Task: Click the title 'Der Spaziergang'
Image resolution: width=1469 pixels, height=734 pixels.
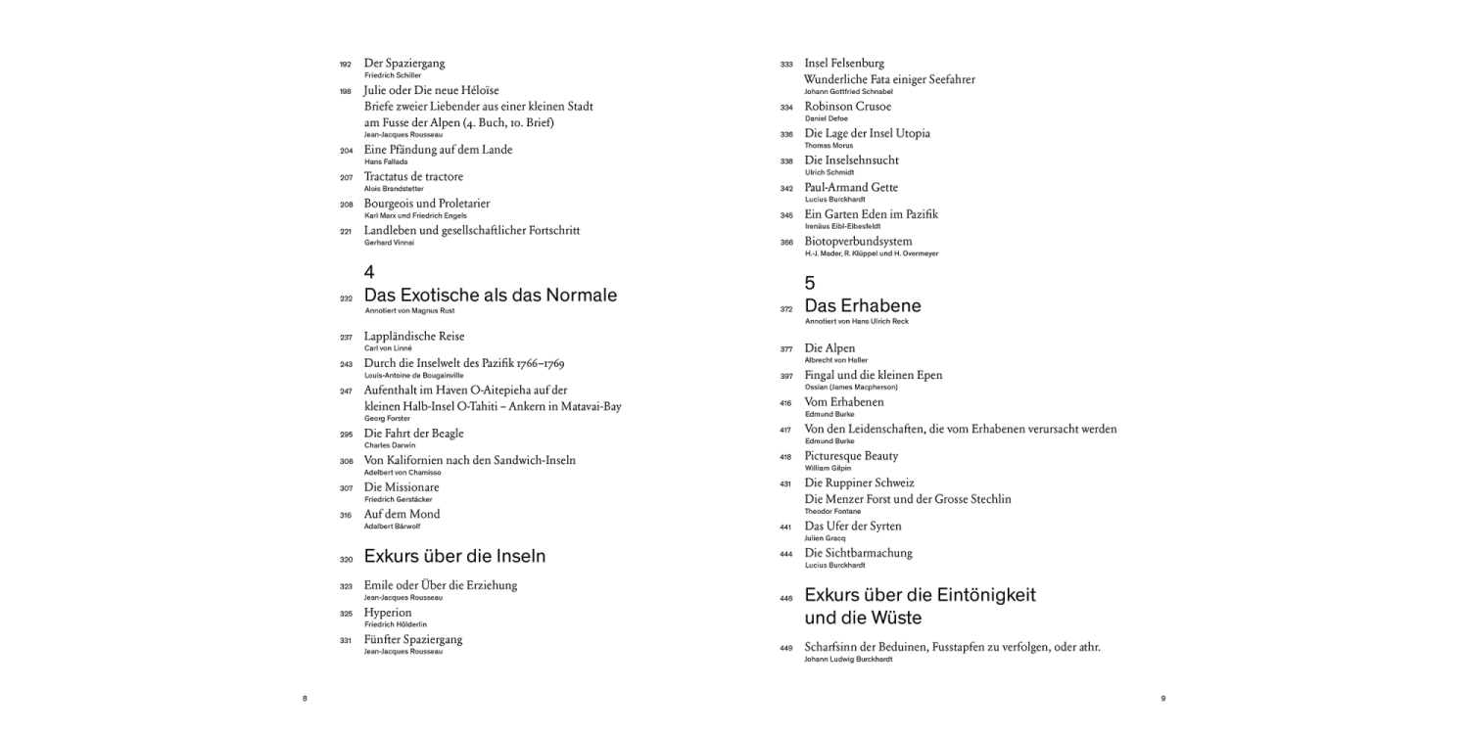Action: [403, 64]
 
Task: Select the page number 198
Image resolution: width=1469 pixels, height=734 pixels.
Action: [346, 91]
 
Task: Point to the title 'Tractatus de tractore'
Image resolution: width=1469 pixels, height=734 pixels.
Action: [413, 177]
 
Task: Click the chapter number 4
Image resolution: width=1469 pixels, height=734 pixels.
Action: [369, 272]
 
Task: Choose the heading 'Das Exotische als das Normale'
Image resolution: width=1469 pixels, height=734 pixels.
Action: [491, 295]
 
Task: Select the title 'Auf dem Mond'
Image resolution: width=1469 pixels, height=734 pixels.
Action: [402, 515]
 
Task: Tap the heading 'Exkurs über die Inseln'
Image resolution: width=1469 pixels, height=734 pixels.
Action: [454, 556]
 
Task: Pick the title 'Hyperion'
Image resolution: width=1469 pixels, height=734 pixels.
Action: [388, 613]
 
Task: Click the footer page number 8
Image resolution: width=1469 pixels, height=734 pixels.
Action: [305, 699]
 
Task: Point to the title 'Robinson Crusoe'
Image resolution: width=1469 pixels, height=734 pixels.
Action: [848, 107]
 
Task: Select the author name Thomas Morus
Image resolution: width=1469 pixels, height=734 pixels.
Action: [828, 146]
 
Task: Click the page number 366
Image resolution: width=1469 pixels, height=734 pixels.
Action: [786, 243]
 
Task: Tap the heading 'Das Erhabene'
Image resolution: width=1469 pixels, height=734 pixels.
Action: [862, 305]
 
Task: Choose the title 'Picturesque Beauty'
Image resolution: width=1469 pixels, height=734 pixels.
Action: [851, 456]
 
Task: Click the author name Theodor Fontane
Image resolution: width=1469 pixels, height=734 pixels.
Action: [833, 511]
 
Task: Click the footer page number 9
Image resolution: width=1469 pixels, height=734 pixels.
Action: [1162, 699]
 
